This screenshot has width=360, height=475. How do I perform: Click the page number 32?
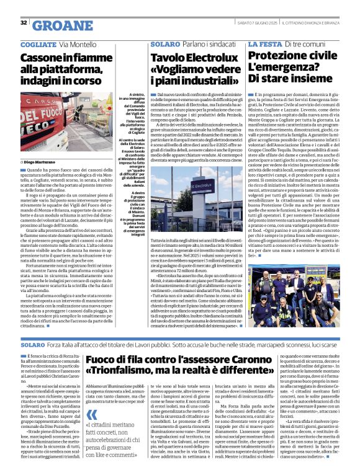pos(24,24)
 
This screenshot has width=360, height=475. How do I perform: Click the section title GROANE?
pos(55,25)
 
